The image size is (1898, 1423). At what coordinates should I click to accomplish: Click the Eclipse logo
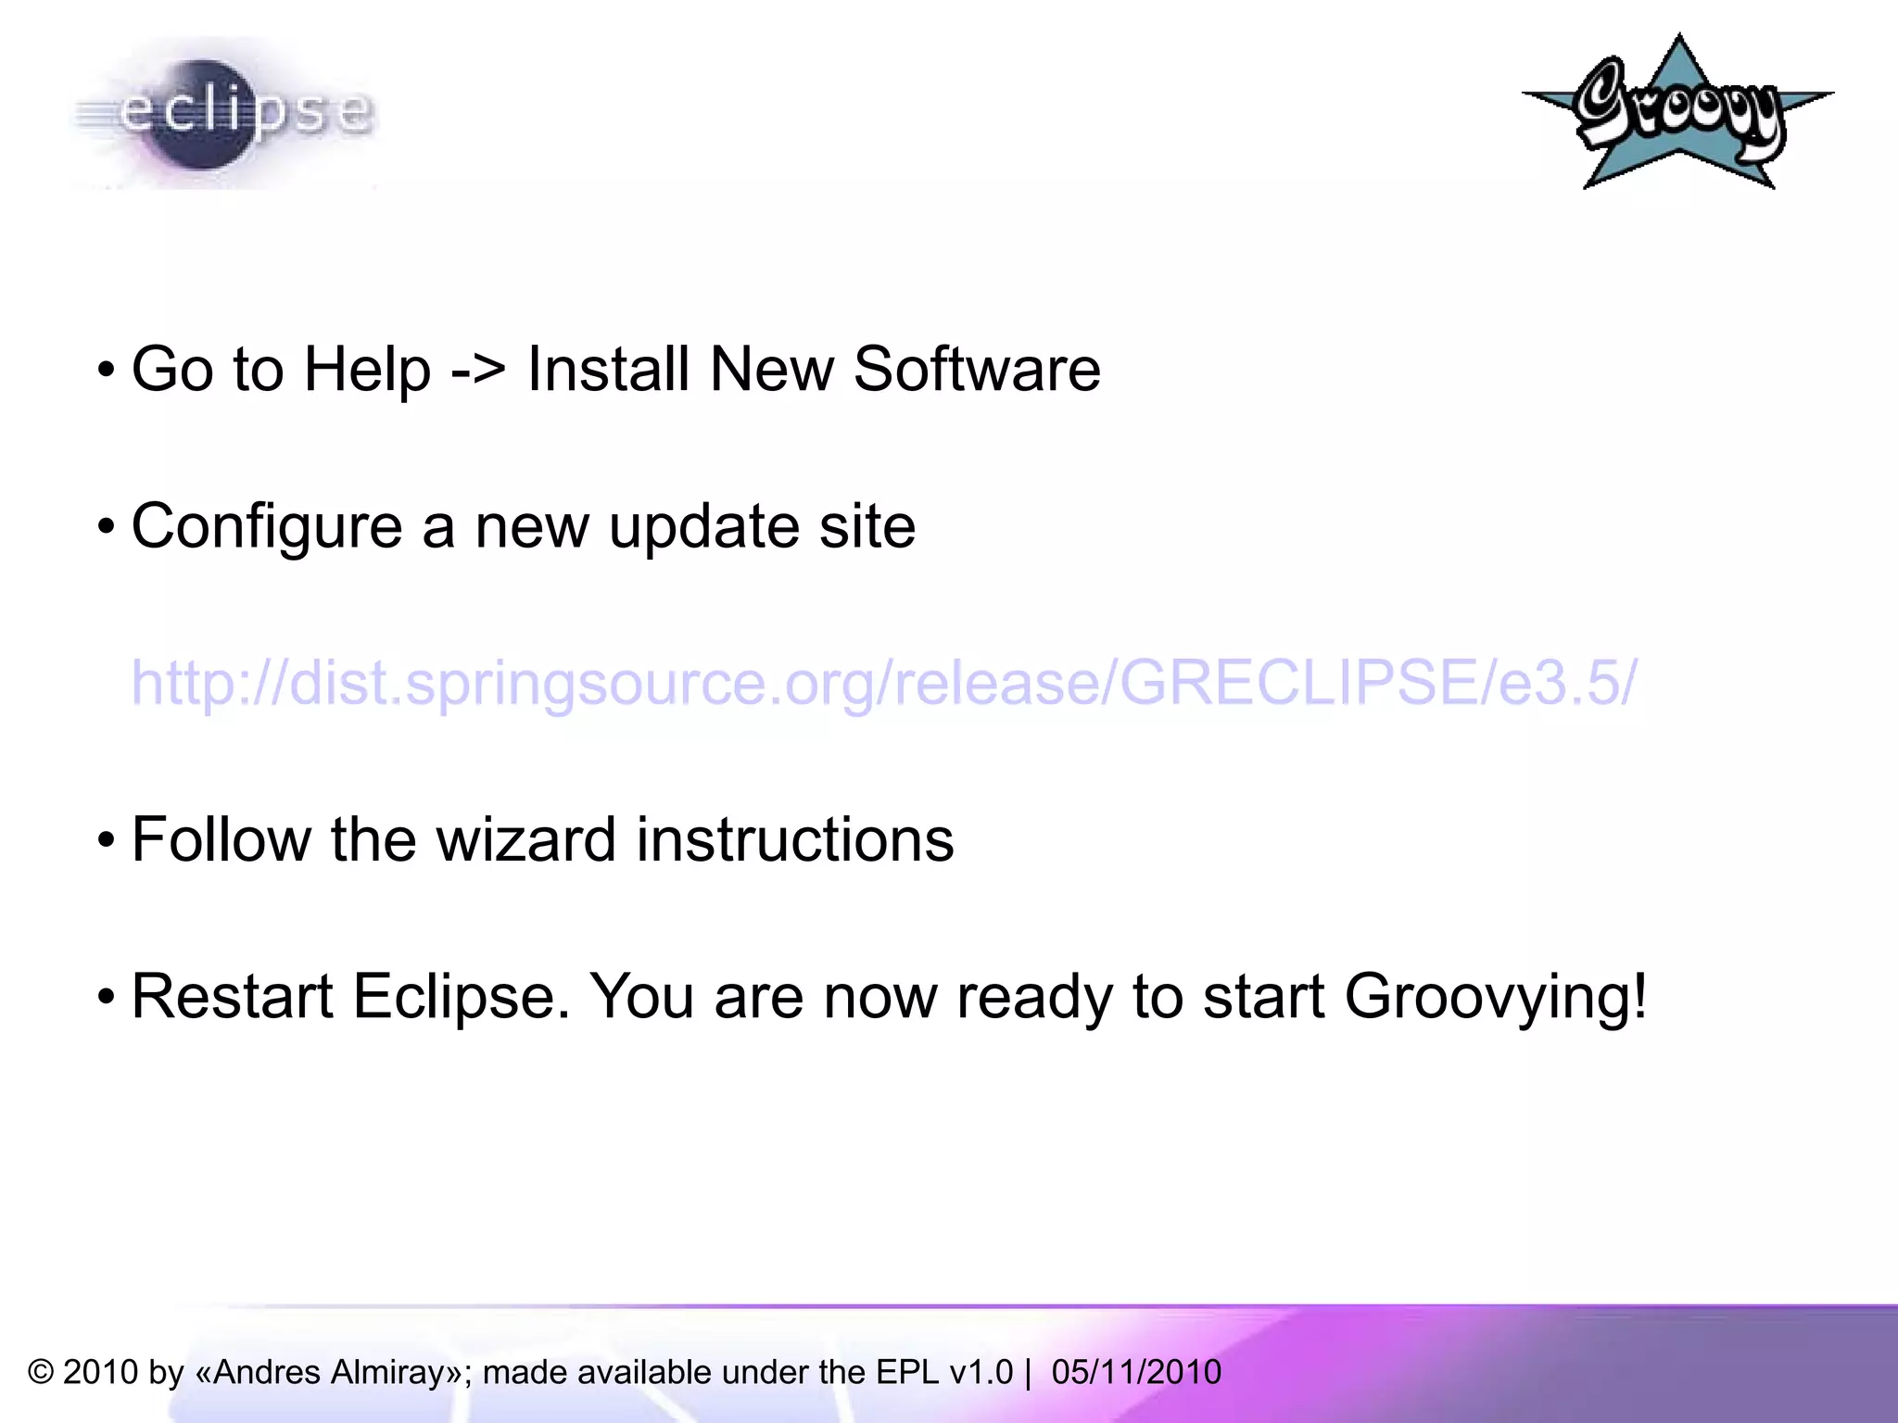point(222,113)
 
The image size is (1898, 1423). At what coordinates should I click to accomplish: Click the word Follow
point(221,840)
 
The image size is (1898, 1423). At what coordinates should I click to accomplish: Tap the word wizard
point(525,840)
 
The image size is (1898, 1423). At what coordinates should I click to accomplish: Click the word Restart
point(232,997)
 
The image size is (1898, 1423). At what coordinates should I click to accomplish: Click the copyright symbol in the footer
point(41,1372)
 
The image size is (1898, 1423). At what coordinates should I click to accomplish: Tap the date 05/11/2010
point(1136,1372)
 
